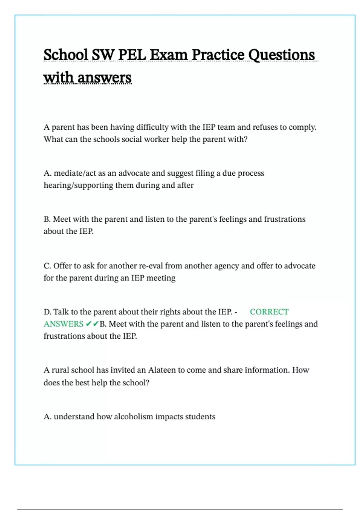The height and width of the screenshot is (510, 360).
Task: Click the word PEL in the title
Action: coord(132,55)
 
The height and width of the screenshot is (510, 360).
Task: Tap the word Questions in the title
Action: coord(282,55)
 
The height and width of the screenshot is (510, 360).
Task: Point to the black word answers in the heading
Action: coord(104,78)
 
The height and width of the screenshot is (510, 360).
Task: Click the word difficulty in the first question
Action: coord(152,127)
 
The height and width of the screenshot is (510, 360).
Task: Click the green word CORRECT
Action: coord(269,312)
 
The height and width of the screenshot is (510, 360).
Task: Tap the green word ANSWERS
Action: coord(63,324)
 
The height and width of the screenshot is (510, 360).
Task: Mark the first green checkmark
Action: coord(88,324)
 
